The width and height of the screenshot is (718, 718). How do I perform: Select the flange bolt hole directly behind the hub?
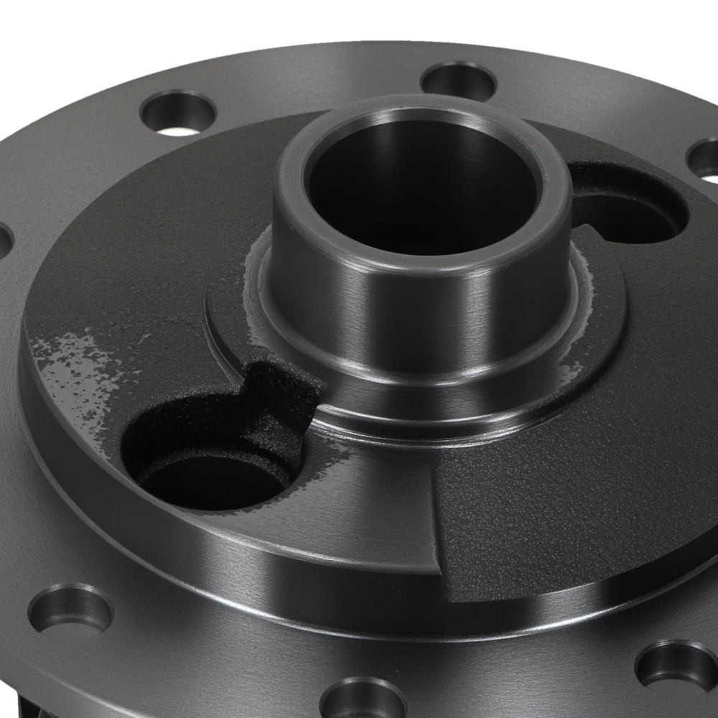[x=459, y=81]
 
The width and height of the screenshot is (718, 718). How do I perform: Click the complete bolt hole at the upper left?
[x=178, y=113]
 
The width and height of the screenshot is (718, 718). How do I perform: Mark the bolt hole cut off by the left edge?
[x=4, y=241]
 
